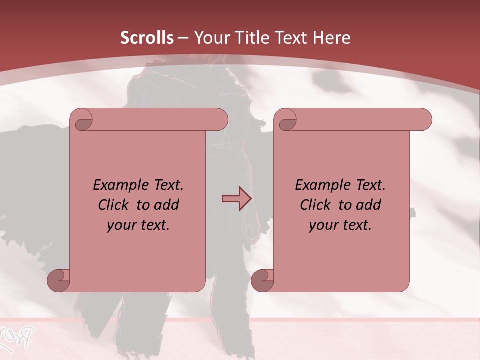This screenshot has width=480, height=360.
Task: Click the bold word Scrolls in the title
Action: click(147, 38)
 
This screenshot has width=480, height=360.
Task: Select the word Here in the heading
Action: click(332, 38)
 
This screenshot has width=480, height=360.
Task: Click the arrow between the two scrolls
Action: click(236, 199)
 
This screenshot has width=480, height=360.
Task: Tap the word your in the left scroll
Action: click(120, 226)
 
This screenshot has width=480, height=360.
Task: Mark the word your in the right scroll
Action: click(322, 226)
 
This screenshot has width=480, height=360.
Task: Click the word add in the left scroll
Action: click(167, 205)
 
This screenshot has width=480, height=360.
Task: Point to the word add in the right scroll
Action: click(369, 205)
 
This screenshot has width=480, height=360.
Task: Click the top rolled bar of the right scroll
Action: click(360, 120)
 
